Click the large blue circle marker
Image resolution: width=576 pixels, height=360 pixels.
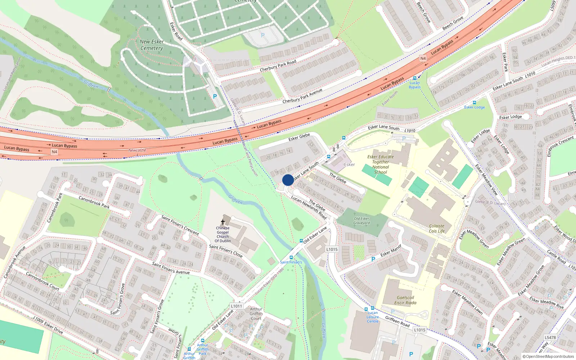[x=288, y=180]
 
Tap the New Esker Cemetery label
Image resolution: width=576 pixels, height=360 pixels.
[x=152, y=45]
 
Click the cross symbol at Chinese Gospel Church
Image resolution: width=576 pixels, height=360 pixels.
[x=223, y=222]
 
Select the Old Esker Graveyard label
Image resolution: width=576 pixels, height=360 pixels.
[x=361, y=221]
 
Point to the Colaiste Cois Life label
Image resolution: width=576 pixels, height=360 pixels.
[x=437, y=229]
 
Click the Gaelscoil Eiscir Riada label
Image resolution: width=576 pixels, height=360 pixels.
[x=405, y=300]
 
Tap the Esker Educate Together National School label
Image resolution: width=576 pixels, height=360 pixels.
[x=381, y=165]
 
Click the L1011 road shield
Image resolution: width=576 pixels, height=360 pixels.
[x=237, y=306]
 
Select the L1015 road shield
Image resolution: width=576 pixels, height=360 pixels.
[x=420, y=330]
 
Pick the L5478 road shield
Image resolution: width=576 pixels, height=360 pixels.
[x=550, y=337]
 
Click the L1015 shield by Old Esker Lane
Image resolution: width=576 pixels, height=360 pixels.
[x=332, y=249]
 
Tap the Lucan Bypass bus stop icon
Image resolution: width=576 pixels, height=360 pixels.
[x=415, y=78]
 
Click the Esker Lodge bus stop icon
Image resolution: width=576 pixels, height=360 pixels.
[x=474, y=103]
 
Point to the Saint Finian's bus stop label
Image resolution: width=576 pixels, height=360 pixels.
[x=291, y=262]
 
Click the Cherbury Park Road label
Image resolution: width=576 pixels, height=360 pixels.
[x=278, y=66]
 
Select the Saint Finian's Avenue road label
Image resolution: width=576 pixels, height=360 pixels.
[x=171, y=268]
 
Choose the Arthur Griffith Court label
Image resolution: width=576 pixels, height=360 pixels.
[x=256, y=314]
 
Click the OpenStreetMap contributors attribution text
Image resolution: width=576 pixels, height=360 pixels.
[x=548, y=356]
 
